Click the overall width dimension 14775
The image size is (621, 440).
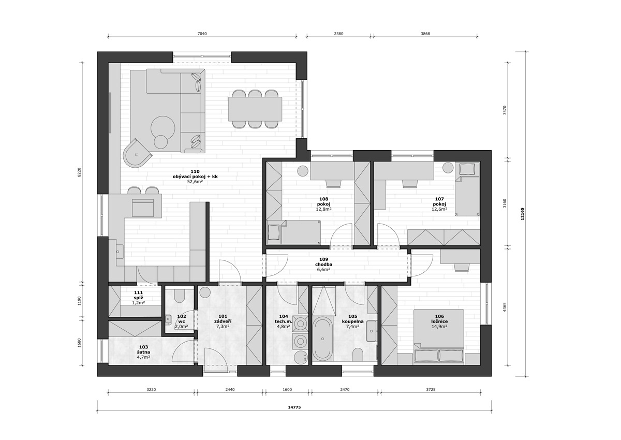coord(294,407)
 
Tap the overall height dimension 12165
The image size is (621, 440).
coord(522,213)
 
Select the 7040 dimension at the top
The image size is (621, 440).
coord(202,34)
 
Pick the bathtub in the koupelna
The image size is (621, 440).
coord(322,339)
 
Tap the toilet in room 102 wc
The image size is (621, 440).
coord(180,296)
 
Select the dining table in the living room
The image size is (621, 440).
coord(255,109)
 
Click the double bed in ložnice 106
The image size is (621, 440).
coord(439,335)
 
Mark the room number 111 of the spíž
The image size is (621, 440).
coord(138,292)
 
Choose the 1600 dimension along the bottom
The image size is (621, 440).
coord(287,390)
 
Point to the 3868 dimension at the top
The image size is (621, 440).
coord(425,34)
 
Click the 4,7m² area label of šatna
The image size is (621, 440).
coord(143,357)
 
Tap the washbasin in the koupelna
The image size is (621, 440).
coord(371,331)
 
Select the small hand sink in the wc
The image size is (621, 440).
coord(168,320)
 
